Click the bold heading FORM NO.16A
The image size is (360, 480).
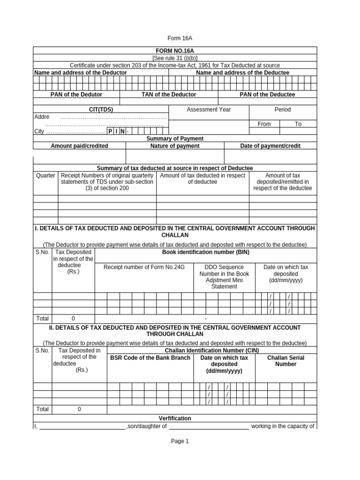click(175, 50)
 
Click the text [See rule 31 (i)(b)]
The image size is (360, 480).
click(175, 58)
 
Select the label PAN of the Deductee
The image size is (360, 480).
click(267, 95)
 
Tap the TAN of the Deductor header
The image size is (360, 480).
click(169, 95)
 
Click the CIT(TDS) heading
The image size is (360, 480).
click(101, 110)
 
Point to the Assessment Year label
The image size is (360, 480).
click(209, 110)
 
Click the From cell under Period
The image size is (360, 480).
click(264, 124)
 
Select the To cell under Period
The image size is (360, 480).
click(298, 124)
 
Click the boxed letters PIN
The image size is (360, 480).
click(116, 131)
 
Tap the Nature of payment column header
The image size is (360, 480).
click(175, 146)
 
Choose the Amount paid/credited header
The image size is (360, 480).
click(79, 146)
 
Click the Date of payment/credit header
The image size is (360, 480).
click(270, 146)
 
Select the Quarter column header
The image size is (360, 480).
click(45, 176)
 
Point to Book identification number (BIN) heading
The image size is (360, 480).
click(205, 252)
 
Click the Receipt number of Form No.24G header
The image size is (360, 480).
click(144, 267)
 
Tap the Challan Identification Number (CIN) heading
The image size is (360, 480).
click(211, 350)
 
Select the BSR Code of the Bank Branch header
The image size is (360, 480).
click(150, 358)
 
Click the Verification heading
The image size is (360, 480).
click(175, 418)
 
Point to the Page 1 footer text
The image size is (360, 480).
click(180, 441)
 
